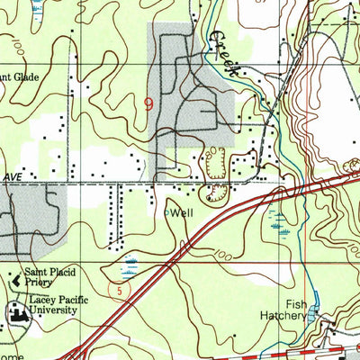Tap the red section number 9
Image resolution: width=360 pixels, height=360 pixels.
(148, 104)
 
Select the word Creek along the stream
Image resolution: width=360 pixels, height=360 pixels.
(223, 53)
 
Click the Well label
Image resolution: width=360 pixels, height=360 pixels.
(183, 213)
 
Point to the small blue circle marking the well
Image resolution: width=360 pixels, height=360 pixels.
(167, 212)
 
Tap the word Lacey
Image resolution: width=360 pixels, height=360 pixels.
(41, 300)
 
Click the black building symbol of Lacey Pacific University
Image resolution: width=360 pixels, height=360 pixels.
(17, 312)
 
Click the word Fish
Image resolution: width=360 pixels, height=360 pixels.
(297, 305)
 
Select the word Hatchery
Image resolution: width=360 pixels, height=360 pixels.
(292, 317)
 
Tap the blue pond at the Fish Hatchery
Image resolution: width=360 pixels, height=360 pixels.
(312, 314)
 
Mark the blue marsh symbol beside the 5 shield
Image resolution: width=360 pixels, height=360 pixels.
(132, 265)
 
